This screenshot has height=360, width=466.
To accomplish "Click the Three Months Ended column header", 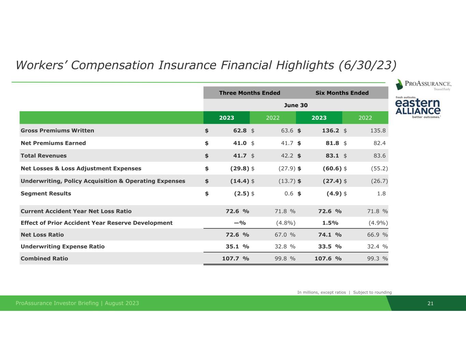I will (x=250, y=93).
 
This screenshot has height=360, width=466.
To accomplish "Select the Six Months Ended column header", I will (x=342, y=93).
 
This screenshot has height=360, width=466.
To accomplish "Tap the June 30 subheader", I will (x=296, y=105).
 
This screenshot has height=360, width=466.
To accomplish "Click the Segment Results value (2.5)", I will (x=241, y=193).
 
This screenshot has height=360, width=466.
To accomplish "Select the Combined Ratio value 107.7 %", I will (x=236, y=258).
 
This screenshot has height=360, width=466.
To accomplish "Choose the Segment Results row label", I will (x=46, y=193).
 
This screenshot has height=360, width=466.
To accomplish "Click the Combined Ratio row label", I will (x=44, y=258).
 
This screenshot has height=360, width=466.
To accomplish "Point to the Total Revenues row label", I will (x=44, y=156).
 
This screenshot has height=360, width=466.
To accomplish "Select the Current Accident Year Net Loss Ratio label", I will (x=76, y=211).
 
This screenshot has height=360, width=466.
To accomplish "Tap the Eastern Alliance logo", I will (x=418, y=107).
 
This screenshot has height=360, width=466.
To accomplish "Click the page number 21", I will (x=430, y=303).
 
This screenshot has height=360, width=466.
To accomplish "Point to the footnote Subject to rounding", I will (x=372, y=292).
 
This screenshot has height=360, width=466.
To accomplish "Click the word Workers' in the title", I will (x=42, y=65).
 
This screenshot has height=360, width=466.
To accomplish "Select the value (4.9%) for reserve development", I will (x=378, y=223).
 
